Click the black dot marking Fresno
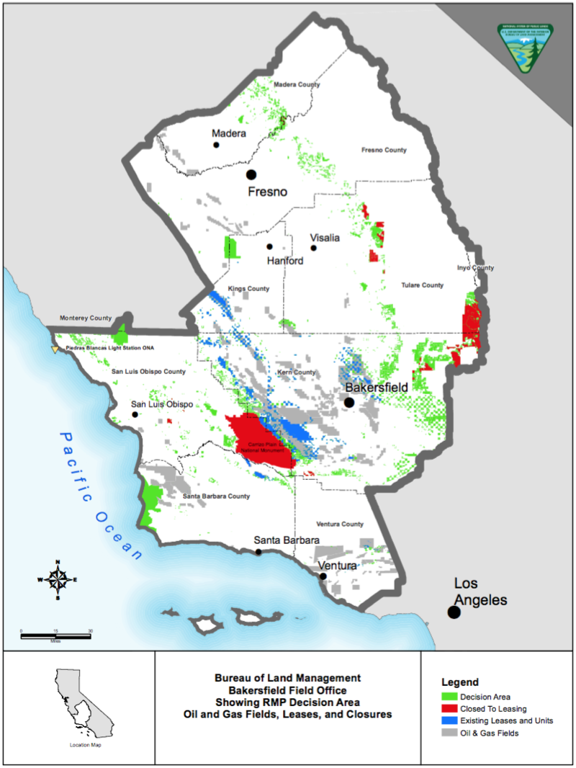251,174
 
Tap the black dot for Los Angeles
454,612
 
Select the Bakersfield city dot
349,402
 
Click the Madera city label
229,134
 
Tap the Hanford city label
285,261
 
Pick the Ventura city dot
323,576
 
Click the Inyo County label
476,268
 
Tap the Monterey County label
86,318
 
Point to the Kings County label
248,289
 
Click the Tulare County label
422,285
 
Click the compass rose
57,579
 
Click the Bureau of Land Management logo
525,48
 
